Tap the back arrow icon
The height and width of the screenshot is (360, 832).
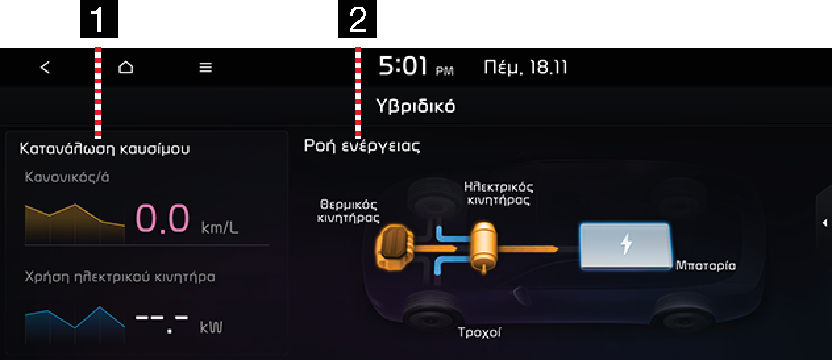pyautogui.click(x=45, y=67)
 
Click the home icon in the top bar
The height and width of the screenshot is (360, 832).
pyautogui.click(x=126, y=67)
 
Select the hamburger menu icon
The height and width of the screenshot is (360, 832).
pyautogui.click(x=205, y=67)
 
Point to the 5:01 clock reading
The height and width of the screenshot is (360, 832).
pyautogui.click(x=402, y=66)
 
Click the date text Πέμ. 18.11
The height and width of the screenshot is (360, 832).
pyautogui.click(x=525, y=67)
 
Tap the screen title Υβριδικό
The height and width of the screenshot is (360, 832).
pyautogui.click(x=415, y=106)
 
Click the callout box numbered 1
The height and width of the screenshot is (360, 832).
pyautogui.click(x=99, y=19)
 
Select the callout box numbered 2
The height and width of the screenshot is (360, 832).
pyautogui.click(x=357, y=19)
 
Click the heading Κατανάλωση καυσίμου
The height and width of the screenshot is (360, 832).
pyautogui.click(x=105, y=149)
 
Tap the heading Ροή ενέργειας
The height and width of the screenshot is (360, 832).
pyautogui.click(x=362, y=145)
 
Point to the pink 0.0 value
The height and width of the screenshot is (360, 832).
pyautogui.click(x=163, y=219)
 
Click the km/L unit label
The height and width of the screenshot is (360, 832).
pyautogui.click(x=219, y=227)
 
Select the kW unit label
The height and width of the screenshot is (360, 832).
pyautogui.click(x=211, y=327)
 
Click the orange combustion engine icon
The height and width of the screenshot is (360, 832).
pyautogui.click(x=394, y=247)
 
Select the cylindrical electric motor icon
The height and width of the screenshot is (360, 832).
pyautogui.click(x=483, y=247)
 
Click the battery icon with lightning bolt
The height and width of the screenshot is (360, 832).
pyautogui.click(x=626, y=245)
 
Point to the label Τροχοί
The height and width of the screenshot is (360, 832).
pyautogui.click(x=479, y=332)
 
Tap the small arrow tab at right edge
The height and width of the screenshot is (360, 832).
pyautogui.click(x=825, y=223)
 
